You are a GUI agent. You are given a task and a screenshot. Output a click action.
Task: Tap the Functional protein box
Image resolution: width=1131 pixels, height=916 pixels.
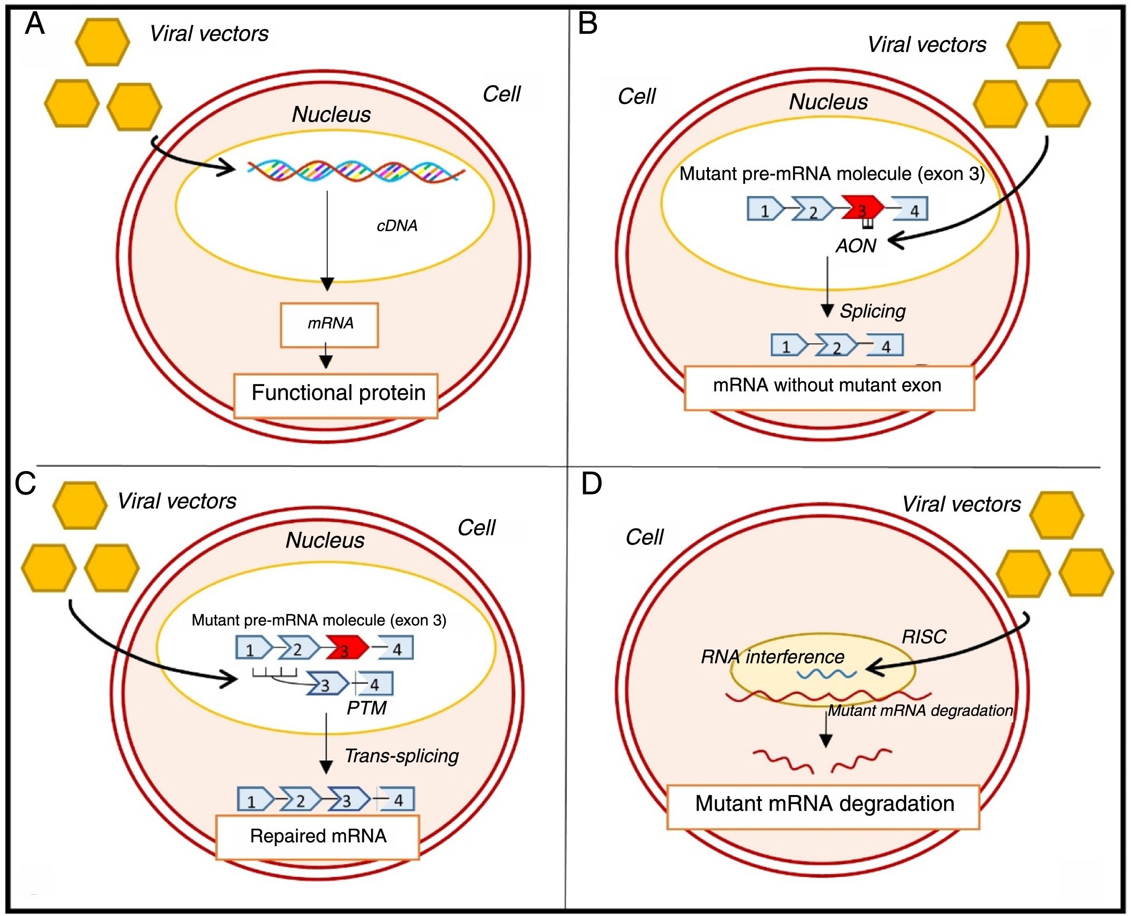point(336,396)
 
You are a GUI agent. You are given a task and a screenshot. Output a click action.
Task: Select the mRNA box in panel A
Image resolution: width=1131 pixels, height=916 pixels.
point(329,324)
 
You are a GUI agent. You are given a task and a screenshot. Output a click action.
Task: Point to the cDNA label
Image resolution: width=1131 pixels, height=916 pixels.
point(397,226)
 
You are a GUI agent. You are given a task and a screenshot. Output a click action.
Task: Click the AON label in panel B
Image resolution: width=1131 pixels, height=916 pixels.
point(855,246)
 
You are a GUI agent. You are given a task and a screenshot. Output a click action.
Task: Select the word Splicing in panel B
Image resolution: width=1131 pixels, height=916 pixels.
point(873,311)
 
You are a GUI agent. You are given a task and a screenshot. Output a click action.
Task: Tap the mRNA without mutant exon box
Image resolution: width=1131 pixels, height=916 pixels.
point(829,387)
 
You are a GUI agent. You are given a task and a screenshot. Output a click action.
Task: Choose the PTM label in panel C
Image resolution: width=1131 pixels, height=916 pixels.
point(366,707)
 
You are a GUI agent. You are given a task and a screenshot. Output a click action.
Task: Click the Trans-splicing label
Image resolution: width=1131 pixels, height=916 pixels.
point(401,756)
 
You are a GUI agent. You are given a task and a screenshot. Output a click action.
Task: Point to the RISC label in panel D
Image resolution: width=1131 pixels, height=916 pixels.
point(924,637)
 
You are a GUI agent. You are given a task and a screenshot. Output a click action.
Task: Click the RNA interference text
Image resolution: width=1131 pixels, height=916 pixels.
point(772,657)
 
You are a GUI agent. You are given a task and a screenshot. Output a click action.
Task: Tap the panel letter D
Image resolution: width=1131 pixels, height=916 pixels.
point(591,484)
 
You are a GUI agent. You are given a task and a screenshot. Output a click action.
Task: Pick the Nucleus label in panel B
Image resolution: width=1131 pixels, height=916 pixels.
point(828,102)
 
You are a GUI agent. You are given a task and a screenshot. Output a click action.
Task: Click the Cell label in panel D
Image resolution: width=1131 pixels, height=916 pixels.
point(644,537)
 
